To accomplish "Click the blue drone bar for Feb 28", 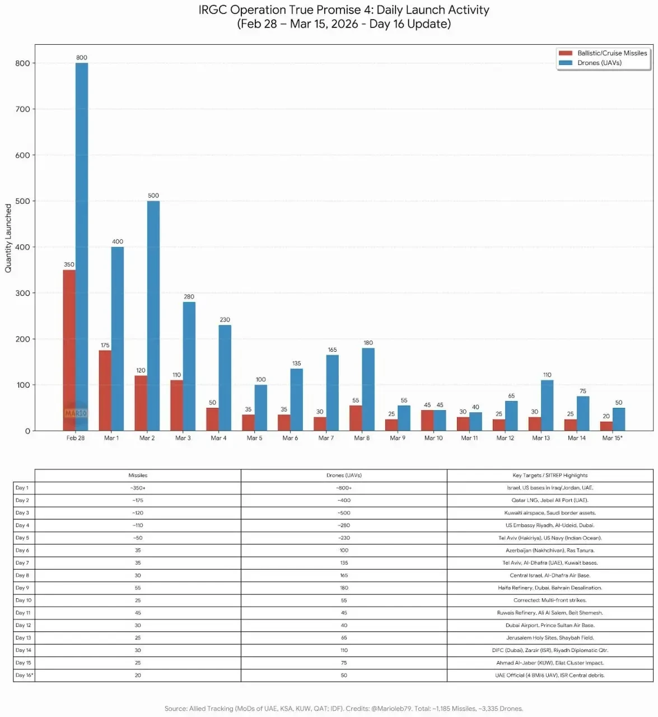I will pyautogui.click(x=82, y=246).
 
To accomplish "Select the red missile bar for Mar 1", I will pyautogui.click(x=105, y=390).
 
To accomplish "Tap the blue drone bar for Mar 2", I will pyautogui.click(x=153, y=315).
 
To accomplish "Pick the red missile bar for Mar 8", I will pyautogui.click(x=356, y=418).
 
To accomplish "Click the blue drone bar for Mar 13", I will pyautogui.click(x=547, y=405).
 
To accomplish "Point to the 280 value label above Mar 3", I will pyautogui.click(x=189, y=297).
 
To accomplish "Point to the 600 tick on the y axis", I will pyautogui.click(x=22, y=155).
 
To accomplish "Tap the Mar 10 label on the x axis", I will pyautogui.click(x=433, y=438).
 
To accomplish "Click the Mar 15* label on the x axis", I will pyautogui.click(x=612, y=438).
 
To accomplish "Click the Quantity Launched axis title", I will pyautogui.click(x=8, y=238).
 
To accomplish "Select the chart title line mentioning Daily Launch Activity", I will pyautogui.click(x=344, y=10).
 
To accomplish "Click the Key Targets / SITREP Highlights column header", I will pyautogui.click(x=550, y=475).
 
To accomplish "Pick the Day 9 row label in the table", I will pyautogui.click(x=22, y=588).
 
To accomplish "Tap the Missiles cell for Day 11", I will pyautogui.click(x=138, y=613).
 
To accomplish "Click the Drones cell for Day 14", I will pyautogui.click(x=344, y=650).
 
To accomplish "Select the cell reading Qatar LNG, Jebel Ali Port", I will pyautogui.click(x=550, y=500).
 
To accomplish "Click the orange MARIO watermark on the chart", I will pyautogui.click(x=76, y=413).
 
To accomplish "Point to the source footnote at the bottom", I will pyautogui.click(x=343, y=709).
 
